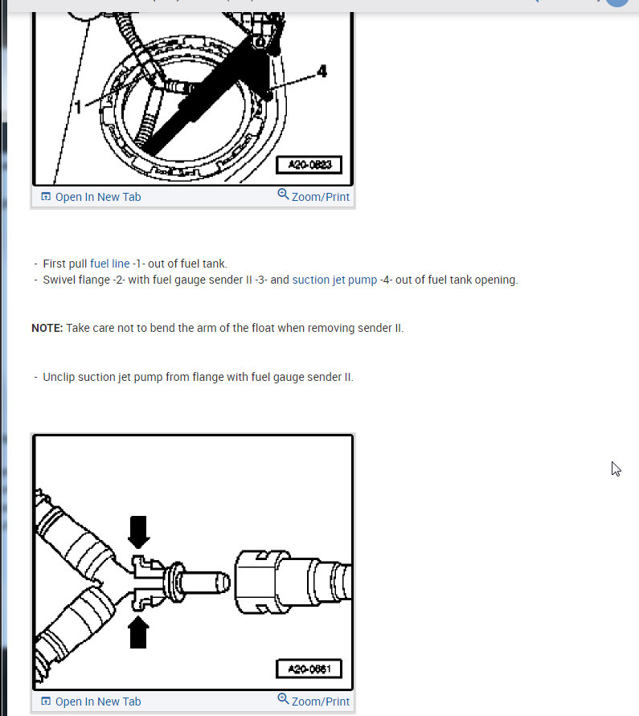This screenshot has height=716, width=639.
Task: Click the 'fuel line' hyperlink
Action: point(109,264)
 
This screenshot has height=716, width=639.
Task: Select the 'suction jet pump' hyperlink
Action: point(334,280)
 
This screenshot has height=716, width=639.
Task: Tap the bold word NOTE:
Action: point(47,328)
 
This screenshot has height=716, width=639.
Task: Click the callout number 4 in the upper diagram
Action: point(322,72)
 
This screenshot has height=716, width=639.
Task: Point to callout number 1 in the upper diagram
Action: point(78,107)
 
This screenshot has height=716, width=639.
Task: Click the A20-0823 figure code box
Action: point(309,165)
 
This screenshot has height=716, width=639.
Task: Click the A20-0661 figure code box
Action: point(309,669)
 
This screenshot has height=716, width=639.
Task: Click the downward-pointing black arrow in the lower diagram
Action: point(138,532)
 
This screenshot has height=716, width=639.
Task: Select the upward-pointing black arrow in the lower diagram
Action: point(138,632)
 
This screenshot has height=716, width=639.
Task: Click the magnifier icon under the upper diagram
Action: point(283,194)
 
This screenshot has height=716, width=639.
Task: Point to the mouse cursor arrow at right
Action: point(616,469)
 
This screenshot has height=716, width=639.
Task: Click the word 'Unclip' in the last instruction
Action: point(59,377)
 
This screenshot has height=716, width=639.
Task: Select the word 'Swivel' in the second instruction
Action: point(59,280)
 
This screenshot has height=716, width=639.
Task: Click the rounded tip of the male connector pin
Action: point(226,583)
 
